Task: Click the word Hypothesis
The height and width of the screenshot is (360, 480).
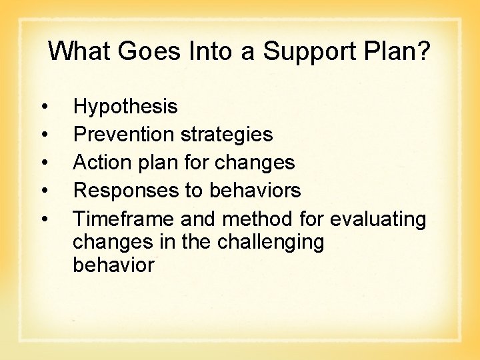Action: pos(125,107)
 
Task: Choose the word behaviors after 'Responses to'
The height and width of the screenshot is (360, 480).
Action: pos(255,191)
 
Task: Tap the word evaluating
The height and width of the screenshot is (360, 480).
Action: pos(378,219)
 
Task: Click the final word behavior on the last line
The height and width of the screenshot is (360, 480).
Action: pos(113,265)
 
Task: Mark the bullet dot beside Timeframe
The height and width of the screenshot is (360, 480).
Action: pos(43,219)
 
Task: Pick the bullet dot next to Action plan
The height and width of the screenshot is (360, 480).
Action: pos(43,163)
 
